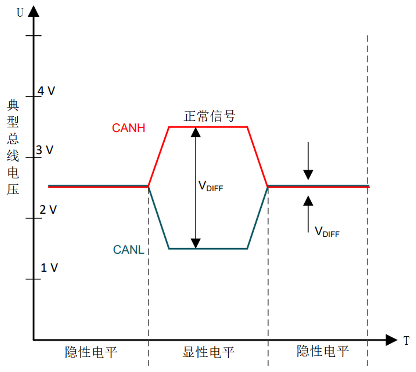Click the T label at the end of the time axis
coord(406,340)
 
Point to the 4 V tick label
coord(46,91)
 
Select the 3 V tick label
coord(45,150)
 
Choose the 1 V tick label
coord(49,268)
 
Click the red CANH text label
coord(129,128)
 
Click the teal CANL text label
coord(129,250)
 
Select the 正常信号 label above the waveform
coord(209,116)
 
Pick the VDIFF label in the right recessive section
coord(327,232)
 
